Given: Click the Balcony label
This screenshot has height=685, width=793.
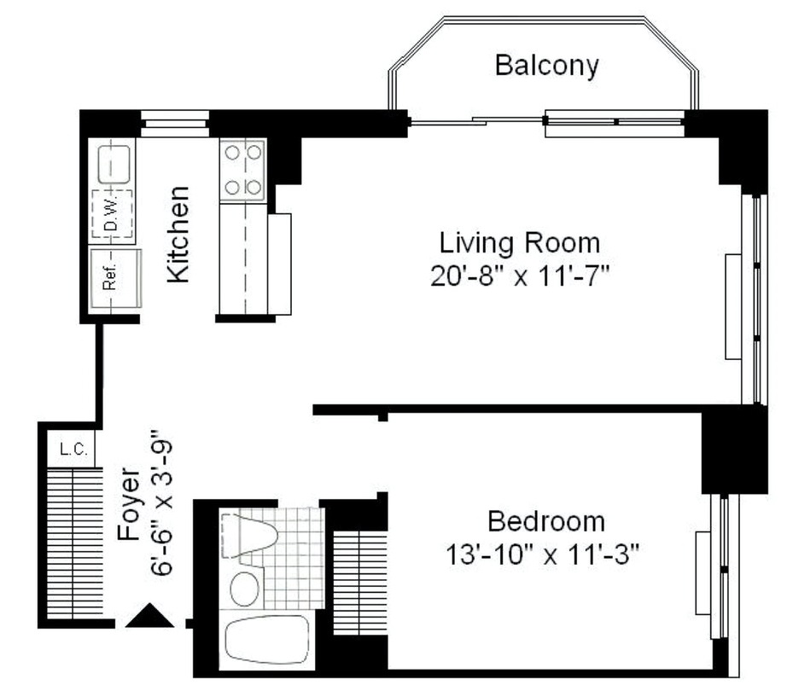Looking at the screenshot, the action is [x=546, y=65].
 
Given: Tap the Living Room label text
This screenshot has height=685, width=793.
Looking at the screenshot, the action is [x=520, y=242].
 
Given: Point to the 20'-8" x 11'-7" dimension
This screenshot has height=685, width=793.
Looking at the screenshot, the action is [x=520, y=276].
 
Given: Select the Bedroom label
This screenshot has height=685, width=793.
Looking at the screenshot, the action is [x=546, y=521].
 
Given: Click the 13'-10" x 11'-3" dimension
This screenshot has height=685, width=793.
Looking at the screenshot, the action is [x=542, y=554].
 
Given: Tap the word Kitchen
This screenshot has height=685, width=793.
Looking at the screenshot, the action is [x=178, y=235].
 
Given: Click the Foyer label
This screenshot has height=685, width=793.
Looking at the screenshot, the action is [x=128, y=504].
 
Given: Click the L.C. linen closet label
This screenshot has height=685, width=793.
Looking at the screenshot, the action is [x=74, y=449].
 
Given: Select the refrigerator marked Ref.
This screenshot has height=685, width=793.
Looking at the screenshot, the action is [x=115, y=278].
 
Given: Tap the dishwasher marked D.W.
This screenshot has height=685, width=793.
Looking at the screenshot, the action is [x=113, y=214].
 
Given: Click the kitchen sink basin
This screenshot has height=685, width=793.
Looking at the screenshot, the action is [x=114, y=165].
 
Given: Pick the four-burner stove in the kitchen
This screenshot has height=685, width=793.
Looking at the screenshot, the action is [x=243, y=170].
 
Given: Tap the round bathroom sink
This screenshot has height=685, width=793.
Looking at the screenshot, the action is [x=244, y=589].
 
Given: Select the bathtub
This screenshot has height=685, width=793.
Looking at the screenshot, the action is [x=267, y=640].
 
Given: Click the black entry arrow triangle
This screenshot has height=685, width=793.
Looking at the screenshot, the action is [x=149, y=615].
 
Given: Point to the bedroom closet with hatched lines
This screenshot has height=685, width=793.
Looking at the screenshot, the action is [x=360, y=583].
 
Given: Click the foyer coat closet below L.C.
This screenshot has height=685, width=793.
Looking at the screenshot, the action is [x=74, y=543].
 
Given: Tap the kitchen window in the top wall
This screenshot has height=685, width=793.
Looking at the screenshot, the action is [x=174, y=124].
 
